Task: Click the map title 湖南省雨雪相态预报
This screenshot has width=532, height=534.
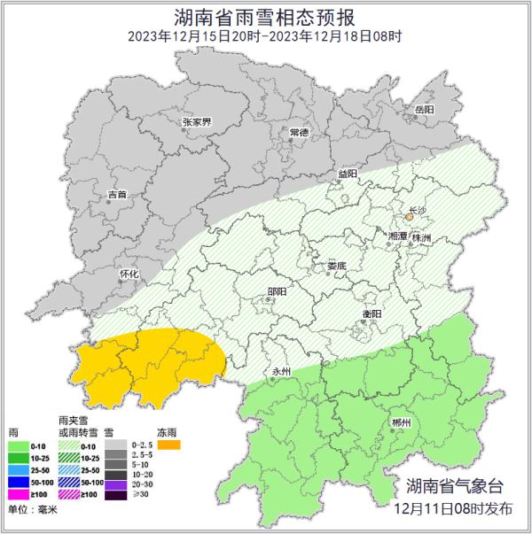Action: click(265, 17)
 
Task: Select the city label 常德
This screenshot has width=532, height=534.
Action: click(300, 133)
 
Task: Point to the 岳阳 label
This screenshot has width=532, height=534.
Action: click(424, 109)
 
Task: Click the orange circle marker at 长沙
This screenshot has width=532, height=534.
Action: click(410, 216)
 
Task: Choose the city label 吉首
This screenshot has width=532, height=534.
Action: click(117, 193)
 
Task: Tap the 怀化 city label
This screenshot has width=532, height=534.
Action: click(129, 275)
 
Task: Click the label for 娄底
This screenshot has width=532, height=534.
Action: click(338, 265)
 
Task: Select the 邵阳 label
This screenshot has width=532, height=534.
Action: click(277, 291)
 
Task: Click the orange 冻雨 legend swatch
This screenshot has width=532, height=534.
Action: click(168, 445)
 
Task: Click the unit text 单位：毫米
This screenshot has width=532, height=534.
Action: click(31, 512)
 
